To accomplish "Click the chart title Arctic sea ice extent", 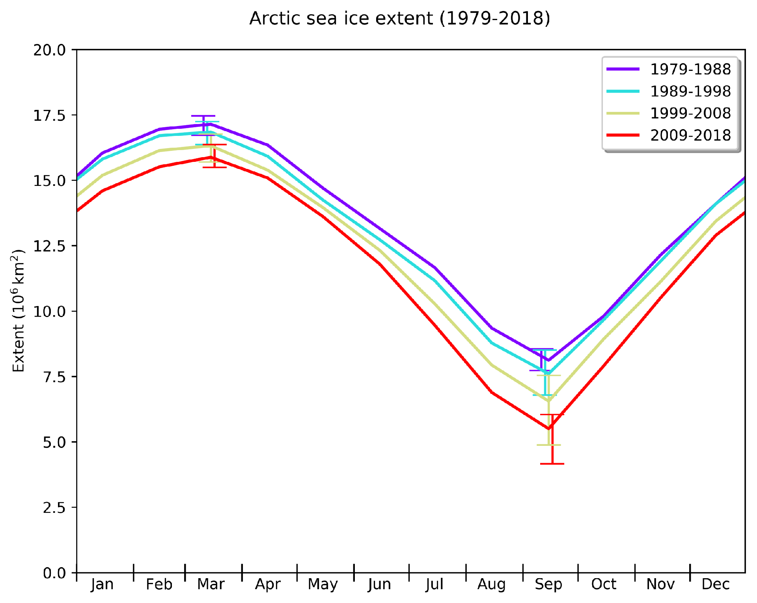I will pos(399,19).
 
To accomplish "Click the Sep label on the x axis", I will pos(548,584).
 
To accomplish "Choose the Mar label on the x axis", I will pos(211,584).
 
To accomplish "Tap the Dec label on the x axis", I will pos(716,584).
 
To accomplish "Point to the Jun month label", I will pos(379,584).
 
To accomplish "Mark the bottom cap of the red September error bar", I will pos(552,464).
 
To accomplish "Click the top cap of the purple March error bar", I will pos(203,116).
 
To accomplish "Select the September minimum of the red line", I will pos(548,429).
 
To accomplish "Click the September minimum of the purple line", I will pos(548,360).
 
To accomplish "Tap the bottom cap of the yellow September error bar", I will pos(548,445).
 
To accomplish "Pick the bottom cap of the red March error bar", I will pos(214,167).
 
